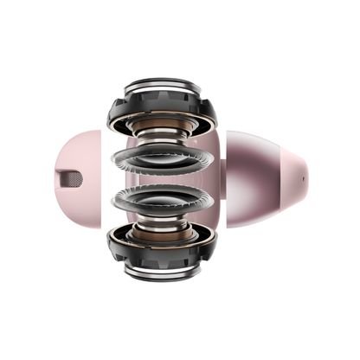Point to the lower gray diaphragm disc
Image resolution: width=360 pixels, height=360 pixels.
click(164, 201)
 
